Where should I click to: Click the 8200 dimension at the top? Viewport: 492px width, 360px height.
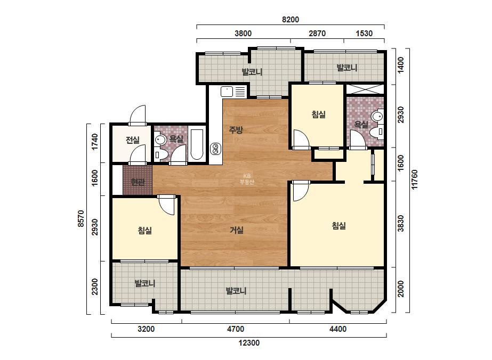tap(290, 20)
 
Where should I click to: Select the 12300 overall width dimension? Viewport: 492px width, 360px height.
tap(249, 343)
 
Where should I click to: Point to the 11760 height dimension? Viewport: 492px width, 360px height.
tap(415, 179)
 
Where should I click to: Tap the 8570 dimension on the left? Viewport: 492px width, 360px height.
tap(80, 218)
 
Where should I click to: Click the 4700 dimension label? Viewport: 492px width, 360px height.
tap(235, 329)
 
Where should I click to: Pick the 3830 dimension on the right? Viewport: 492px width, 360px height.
tap(401, 223)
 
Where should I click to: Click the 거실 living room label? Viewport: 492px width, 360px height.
tap(237, 230)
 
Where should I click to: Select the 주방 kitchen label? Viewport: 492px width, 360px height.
tap(236, 130)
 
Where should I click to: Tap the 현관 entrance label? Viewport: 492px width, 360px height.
tap(138, 182)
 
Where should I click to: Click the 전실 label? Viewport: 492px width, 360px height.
tap(132, 140)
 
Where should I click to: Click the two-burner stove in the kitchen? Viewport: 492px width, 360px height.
tap(215, 149)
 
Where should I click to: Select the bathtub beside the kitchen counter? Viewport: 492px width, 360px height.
tap(197, 144)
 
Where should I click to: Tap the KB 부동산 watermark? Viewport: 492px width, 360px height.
tap(247, 179)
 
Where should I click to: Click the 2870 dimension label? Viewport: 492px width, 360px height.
tap(317, 33)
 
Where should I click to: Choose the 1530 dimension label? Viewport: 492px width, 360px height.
tap(364, 33)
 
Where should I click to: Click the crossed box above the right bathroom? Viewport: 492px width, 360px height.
tap(365, 89)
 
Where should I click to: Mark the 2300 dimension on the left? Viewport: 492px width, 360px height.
tap(94, 287)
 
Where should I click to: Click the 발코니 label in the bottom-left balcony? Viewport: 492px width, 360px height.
tap(145, 283)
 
